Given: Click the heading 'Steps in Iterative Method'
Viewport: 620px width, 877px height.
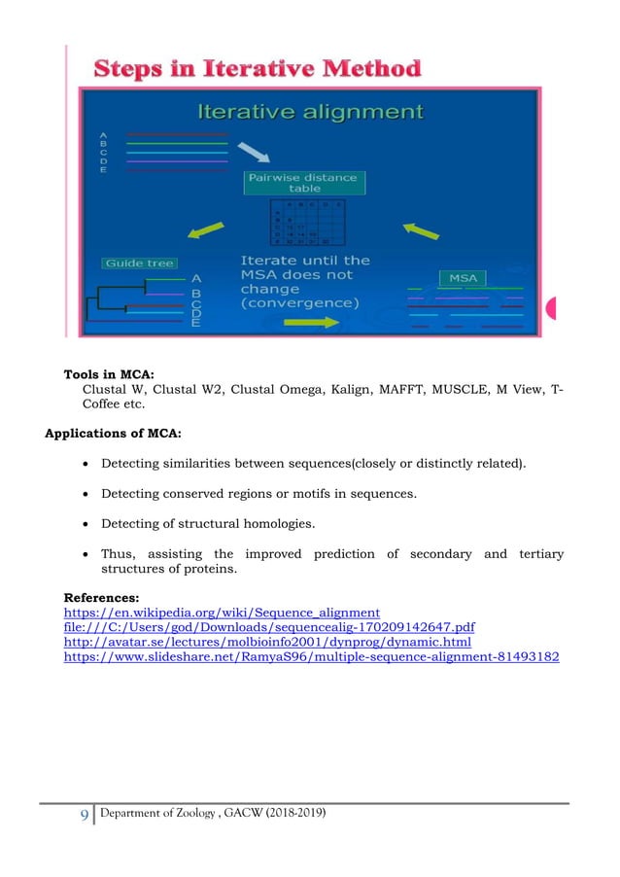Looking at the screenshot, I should coord(258,70).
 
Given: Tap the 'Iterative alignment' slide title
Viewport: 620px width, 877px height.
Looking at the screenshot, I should coord(310,112).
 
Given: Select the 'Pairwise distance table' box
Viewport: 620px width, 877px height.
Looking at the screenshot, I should coord(304,182).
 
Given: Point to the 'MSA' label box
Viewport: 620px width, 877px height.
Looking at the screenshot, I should coord(464,278).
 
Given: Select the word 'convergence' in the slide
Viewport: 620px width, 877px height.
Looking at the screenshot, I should coord(298,303).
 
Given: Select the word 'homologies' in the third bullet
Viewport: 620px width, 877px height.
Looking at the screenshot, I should coord(283,525).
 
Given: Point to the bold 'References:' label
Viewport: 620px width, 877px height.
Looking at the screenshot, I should coord(102,597).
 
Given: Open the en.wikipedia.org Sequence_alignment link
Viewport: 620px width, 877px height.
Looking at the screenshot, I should coord(222,613).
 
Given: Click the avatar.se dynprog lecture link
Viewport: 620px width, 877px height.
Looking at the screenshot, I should coord(267,642).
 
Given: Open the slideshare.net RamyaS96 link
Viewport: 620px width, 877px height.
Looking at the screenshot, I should coord(311,657).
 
